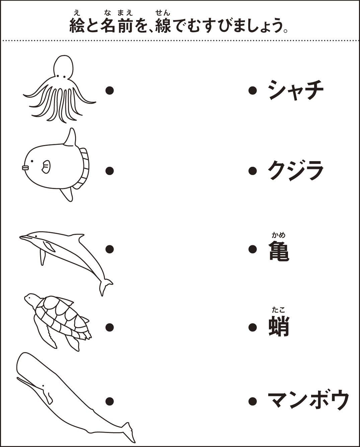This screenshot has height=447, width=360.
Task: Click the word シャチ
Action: [x=296, y=91]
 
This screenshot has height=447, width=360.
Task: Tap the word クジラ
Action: [x=296, y=171]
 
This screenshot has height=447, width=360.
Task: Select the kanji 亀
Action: [x=279, y=251]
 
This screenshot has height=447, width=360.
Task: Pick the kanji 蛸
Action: [x=279, y=327]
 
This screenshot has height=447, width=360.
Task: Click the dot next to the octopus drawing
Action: [x=110, y=90]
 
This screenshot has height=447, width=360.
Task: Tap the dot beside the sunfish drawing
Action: [x=110, y=171]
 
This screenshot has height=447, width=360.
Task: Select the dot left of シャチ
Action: [x=253, y=90]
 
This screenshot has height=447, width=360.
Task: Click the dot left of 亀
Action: [x=253, y=249]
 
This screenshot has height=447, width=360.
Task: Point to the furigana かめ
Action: [x=279, y=235]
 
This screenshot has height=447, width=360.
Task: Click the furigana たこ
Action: [x=279, y=310]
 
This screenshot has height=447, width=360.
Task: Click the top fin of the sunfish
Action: [x=70, y=137]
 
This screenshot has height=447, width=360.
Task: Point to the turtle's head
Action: [x=31, y=298]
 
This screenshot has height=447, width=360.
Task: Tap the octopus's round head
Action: [x=63, y=67]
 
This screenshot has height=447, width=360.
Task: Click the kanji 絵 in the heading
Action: [x=77, y=25]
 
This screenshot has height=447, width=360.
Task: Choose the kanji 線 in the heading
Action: [x=163, y=25]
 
